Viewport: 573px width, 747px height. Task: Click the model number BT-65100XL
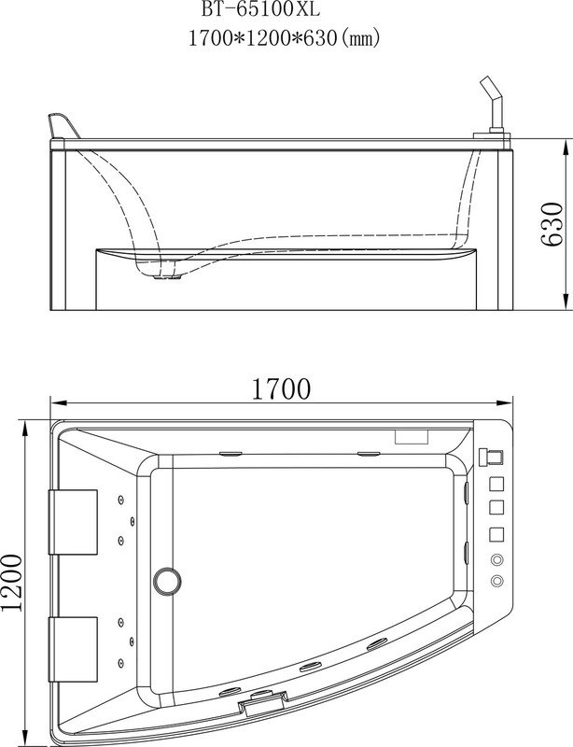[x=260, y=9]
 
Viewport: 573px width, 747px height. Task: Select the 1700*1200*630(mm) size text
[x=285, y=37]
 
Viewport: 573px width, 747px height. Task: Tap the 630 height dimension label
[x=552, y=224]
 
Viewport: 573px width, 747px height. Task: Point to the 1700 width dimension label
[x=281, y=388]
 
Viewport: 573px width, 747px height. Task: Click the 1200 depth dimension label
[x=11, y=583]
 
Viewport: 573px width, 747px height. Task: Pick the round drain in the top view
[x=167, y=581]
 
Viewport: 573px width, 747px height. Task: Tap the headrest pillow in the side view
[x=63, y=126]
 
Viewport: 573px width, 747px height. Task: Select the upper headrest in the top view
[x=74, y=522]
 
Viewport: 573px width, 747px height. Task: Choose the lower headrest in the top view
[x=74, y=650]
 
